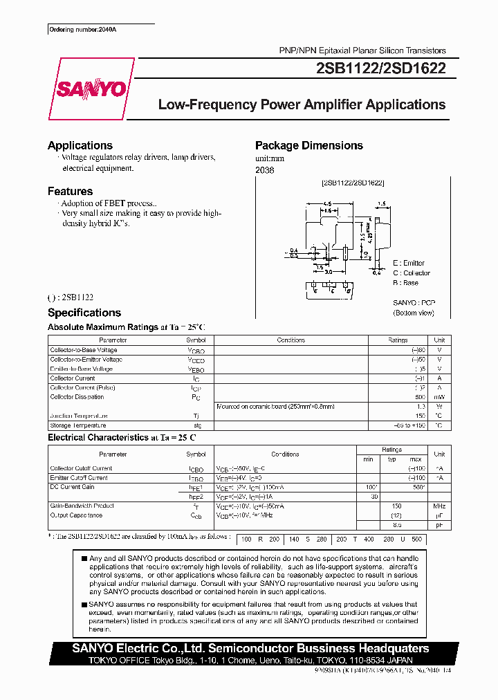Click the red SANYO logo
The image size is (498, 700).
91,89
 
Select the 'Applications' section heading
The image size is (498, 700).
80,145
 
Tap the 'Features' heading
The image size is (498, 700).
70,191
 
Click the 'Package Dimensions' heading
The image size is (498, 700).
308,145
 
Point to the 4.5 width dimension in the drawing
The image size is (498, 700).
326,204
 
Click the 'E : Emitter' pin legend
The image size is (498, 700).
409,264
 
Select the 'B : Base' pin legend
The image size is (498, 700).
405,283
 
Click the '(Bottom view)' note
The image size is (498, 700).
414,313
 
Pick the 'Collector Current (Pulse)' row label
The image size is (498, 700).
82,388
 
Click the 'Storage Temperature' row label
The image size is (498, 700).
78,425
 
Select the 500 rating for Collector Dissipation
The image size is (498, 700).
420,398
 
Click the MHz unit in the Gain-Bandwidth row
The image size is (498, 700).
439,506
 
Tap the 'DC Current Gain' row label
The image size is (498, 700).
73,488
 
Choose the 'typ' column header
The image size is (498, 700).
391,459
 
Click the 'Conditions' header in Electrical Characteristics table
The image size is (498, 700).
285,454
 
